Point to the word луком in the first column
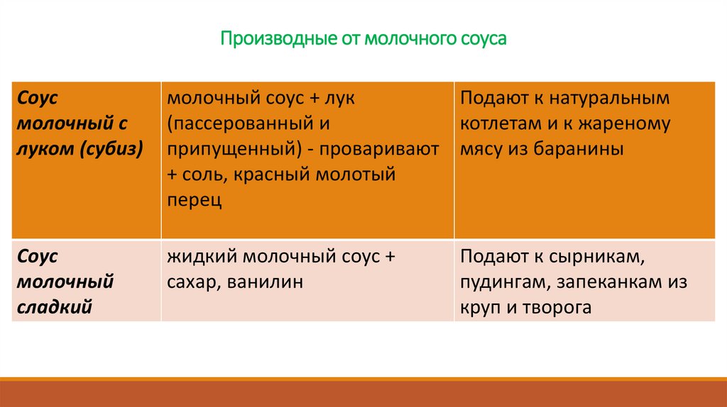click(x=46, y=149)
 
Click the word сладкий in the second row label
click(x=55, y=308)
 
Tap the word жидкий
click(x=196, y=257)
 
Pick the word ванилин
click(x=266, y=282)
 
